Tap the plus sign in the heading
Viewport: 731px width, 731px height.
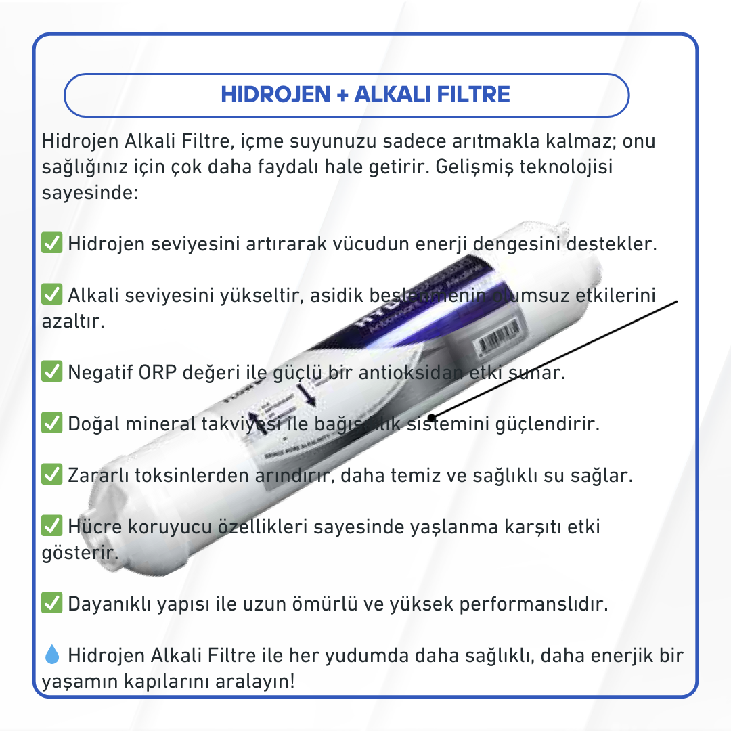[x=341, y=95]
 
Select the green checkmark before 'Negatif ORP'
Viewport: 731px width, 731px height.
[x=52, y=372]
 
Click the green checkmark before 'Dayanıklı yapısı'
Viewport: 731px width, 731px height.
[x=52, y=602]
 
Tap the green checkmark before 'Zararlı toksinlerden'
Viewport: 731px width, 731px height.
[x=52, y=475]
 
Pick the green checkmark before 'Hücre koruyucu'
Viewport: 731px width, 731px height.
[x=52, y=526]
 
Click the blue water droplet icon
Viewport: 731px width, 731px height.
[x=52, y=655]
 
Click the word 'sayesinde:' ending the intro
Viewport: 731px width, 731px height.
[x=90, y=193]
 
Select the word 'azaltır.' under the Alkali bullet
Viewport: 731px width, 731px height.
[x=73, y=321]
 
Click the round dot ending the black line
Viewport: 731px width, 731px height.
[x=432, y=418]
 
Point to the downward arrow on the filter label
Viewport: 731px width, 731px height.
[x=309, y=394]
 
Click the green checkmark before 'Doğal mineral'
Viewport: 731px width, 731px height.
[x=52, y=424]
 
